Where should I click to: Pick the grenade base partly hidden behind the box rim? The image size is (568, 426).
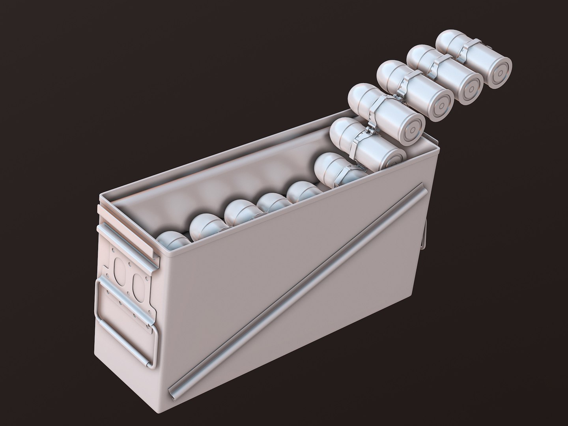click(390, 157)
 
